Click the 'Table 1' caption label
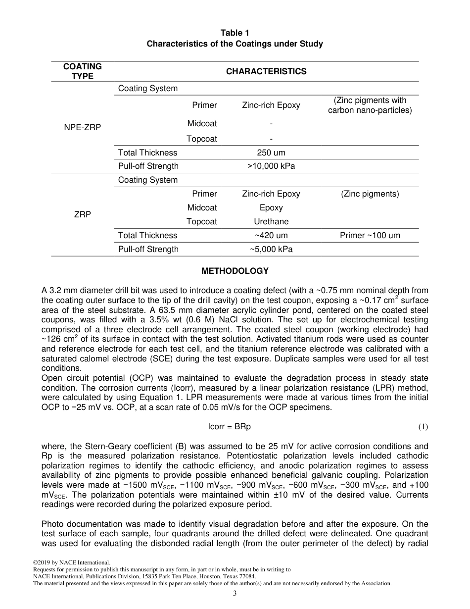click(x=235, y=33)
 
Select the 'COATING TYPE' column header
click(x=82, y=71)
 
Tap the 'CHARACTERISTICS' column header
click(x=266, y=71)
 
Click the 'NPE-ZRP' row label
click(x=82, y=127)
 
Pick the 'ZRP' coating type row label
click(x=82, y=214)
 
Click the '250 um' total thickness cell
click(x=271, y=152)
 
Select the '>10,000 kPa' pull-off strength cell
click(x=271, y=166)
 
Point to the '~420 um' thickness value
click(x=271, y=235)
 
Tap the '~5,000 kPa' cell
click(x=271, y=249)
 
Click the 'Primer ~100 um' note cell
click(x=370, y=235)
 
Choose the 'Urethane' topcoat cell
click(x=271, y=221)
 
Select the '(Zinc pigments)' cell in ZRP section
click(x=370, y=194)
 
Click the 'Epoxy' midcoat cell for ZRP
click(x=271, y=207)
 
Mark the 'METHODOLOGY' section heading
click(x=235, y=271)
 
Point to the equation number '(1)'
click(x=423, y=426)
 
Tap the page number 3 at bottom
click(x=235, y=594)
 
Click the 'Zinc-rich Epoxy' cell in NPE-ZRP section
click(x=271, y=105)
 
